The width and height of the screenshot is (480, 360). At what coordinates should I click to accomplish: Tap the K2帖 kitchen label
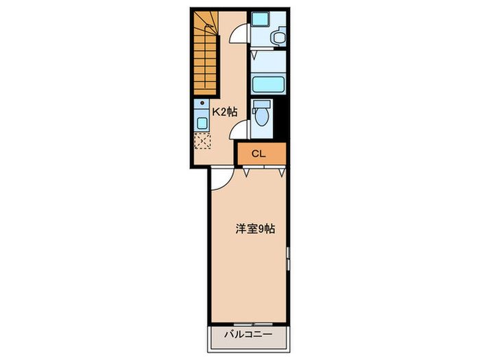(x=224, y=110)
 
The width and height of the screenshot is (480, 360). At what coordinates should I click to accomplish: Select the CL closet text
(x=258, y=154)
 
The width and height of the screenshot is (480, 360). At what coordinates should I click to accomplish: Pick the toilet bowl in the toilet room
(x=260, y=116)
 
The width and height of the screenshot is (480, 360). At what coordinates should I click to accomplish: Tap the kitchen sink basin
(x=202, y=123)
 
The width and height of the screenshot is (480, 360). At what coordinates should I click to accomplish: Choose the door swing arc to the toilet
(x=239, y=130)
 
